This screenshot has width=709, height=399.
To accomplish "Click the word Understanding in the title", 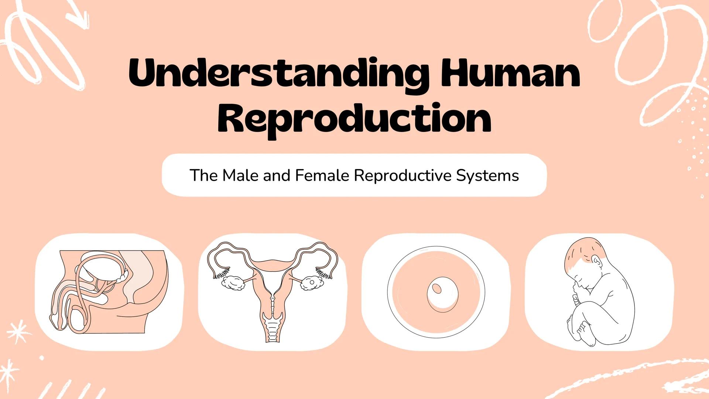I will (279, 74).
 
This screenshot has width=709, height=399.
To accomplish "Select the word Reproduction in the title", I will (354, 118).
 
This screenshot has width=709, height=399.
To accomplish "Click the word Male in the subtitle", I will (241, 175).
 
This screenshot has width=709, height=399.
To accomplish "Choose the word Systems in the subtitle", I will (487, 175).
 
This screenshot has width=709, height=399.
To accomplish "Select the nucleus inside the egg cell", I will (437, 288).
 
